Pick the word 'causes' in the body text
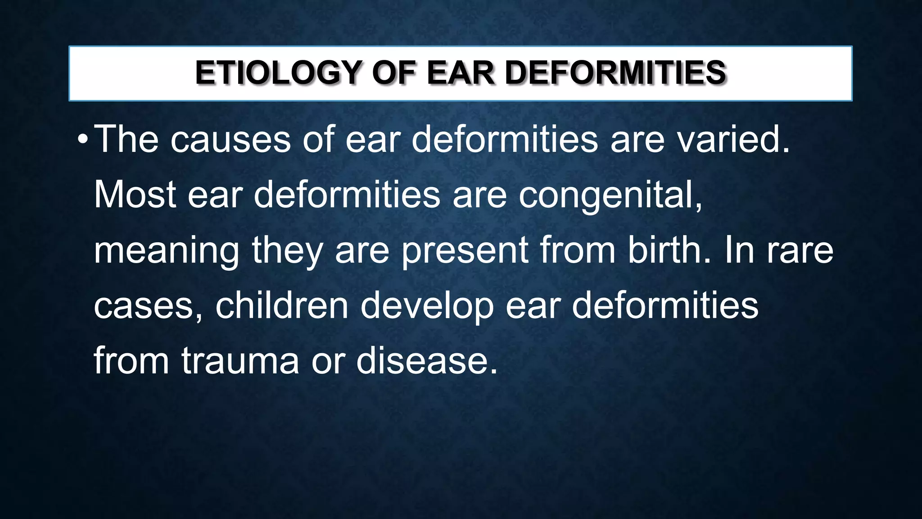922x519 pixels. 230,140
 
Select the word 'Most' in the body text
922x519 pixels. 135,195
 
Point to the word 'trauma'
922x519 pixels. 240,361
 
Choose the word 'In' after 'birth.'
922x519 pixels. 739,250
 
